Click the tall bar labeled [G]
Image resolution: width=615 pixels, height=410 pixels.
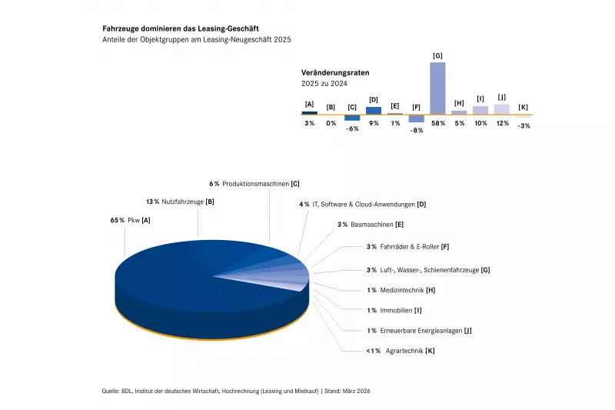tap(437, 88)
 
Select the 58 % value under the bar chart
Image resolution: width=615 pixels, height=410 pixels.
tap(437, 123)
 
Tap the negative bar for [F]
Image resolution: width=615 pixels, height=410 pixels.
tap(416, 118)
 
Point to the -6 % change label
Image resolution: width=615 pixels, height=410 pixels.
tap(352, 128)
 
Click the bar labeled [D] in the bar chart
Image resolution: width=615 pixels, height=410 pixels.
tap(374, 110)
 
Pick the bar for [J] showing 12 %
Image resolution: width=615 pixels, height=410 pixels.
tap(502, 108)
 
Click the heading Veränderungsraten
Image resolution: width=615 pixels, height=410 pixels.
tap(335, 72)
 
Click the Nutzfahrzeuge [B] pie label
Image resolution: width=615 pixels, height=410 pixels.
tap(180, 202)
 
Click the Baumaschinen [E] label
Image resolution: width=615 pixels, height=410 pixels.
tap(371, 225)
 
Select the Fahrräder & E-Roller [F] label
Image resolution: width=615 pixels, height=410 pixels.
tap(407, 247)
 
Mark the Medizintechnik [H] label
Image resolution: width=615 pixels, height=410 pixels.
tap(402, 290)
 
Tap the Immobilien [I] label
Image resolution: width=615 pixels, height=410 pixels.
tap(394, 310)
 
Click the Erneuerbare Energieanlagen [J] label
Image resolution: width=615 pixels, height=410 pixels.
tap(419, 331)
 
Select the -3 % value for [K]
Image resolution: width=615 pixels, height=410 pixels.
tap(524, 125)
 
